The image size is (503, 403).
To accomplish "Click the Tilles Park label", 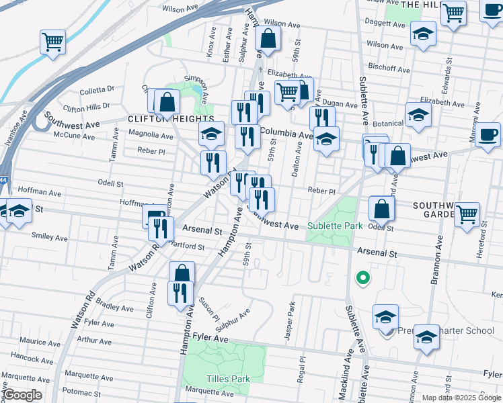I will [x=227, y=379].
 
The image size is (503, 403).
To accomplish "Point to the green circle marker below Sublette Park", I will [x=362, y=277].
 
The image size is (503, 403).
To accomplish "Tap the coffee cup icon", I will [x=488, y=133].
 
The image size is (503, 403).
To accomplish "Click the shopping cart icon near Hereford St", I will [x=467, y=214].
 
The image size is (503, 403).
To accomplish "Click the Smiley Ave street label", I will [x=50, y=237].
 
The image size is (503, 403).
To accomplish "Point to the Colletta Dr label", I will [x=98, y=89].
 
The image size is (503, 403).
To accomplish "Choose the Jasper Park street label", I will [x=291, y=321].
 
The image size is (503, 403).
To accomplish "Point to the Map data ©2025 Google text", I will [x=461, y=398].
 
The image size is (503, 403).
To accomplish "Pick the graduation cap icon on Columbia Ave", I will [x=327, y=139].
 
